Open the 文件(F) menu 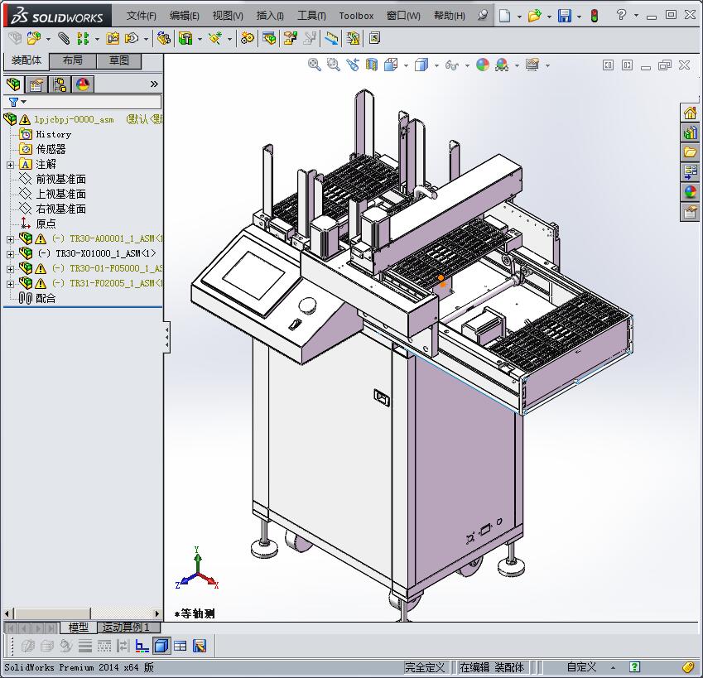coord(141,16)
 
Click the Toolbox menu coord(356,16)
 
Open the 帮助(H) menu coord(449,16)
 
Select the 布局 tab coord(73,60)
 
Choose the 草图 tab coord(119,60)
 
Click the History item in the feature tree coord(53,134)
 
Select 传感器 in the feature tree coord(51,149)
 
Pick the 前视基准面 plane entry coord(60,179)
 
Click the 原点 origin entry coord(46,224)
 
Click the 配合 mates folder coord(46,298)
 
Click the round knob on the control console coord(308,305)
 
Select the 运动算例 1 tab coord(126,628)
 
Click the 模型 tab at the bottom coord(78,628)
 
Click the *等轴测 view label coord(195,613)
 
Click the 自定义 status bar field coord(581,667)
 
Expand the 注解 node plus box coord(10,165)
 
